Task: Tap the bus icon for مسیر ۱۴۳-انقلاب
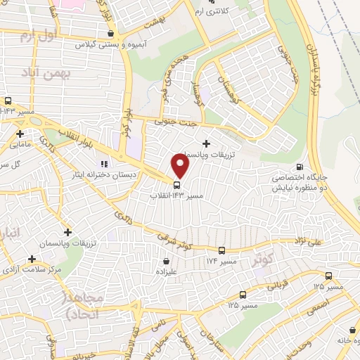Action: coord(176,185)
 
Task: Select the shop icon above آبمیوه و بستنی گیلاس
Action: coord(110,33)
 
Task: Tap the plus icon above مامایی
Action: coord(20,134)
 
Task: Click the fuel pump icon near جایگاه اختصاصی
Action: coord(301,167)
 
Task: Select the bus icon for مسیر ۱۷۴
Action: coord(222,250)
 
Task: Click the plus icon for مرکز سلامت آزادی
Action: coord(31,258)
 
